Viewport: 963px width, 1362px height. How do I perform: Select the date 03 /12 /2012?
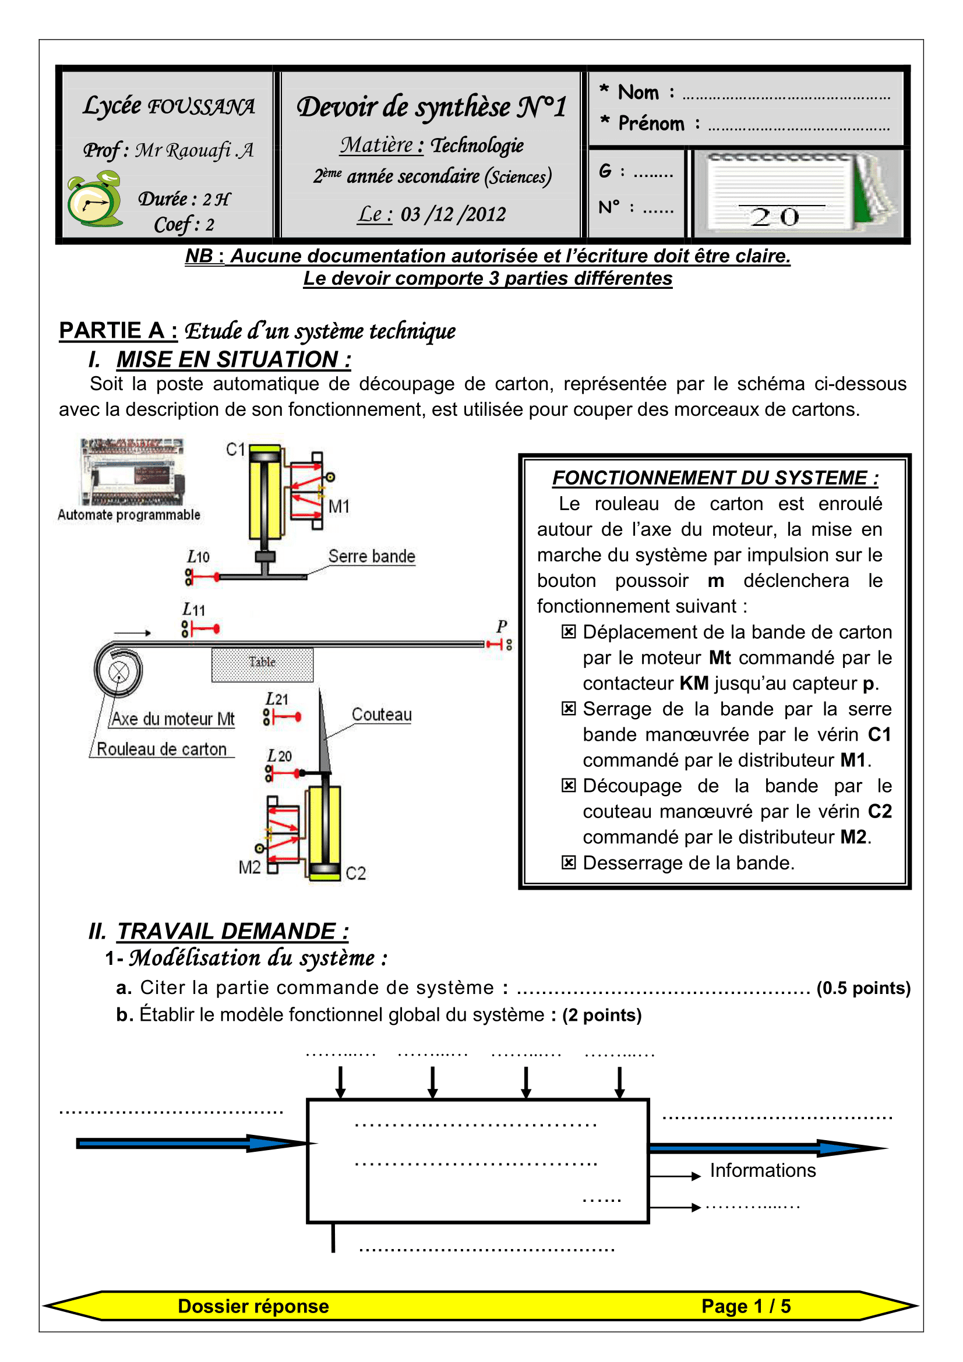pyautogui.click(x=453, y=214)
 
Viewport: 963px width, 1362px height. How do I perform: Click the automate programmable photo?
pyautogui.click(x=132, y=472)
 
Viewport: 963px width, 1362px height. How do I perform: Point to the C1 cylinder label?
pyautogui.click(x=235, y=450)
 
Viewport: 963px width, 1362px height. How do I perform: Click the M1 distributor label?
pyautogui.click(x=339, y=506)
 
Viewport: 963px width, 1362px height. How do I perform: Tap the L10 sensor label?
pyautogui.click(x=198, y=557)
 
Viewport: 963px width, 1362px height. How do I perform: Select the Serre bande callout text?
pyautogui.click(x=372, y=556)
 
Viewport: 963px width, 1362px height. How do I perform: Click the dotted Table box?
pyautogui.click(x=262, y=664)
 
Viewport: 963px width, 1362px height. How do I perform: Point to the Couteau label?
pyautogui.click(x=382, y=714)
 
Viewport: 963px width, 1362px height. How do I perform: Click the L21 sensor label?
pyautogui.click(x=277, y=699)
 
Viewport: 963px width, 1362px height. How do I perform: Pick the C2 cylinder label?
pyautogui.click(x=355, y=873)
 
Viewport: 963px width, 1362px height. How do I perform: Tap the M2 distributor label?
pyautogui.click(x=249, y=867)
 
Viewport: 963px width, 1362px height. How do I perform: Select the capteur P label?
pyautogui.click(x=502, y=626)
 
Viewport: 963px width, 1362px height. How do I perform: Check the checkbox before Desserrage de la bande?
pyautogui.click(x=568, y=862)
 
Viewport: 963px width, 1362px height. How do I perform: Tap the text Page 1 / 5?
pyautogui.click(x=746, y=1306)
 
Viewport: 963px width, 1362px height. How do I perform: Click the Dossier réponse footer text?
pyautogui.click(x=253, y=1306)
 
